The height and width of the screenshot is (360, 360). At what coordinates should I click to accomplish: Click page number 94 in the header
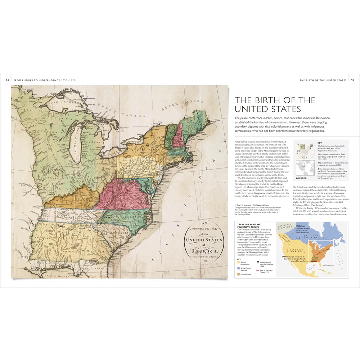[7, 80]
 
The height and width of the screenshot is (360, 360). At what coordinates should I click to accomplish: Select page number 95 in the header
[353, 80]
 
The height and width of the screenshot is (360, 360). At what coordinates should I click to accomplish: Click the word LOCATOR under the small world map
[301, 178]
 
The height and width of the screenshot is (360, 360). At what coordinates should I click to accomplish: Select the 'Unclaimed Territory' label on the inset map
[284, 228]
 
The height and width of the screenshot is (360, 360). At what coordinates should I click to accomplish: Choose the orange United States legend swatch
[238, 274]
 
